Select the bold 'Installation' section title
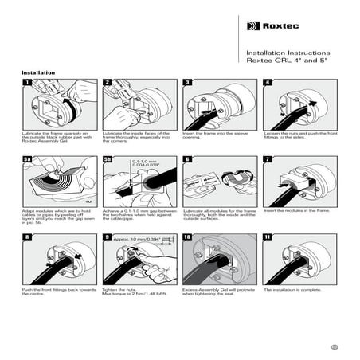pyautogui.click(x=38, y=72)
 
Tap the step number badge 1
pyautogui.click(x=26, y=83)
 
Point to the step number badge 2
pyautogui.click(x=106, y=83)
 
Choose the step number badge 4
pyautogui.click(x=267, y=83)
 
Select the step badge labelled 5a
pyautogui.click(x=27, y=159)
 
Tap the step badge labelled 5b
pyautogui.click(x=108, y=159)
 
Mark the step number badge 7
pyautogui.click(x=267, y=159)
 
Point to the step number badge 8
pyautogui.click(x=26, y=237)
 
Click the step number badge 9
pyautogui.click(x=106, y=237)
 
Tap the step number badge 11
pyautogui.click(x=267, y=237)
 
